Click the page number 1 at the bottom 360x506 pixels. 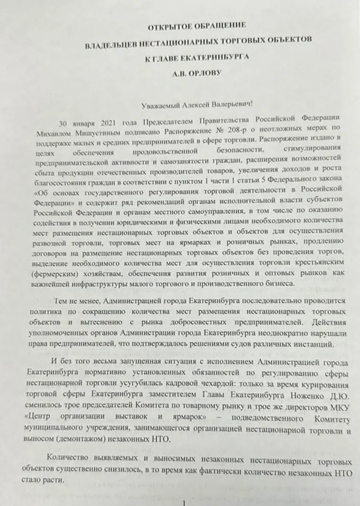click(x=184, y=501)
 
